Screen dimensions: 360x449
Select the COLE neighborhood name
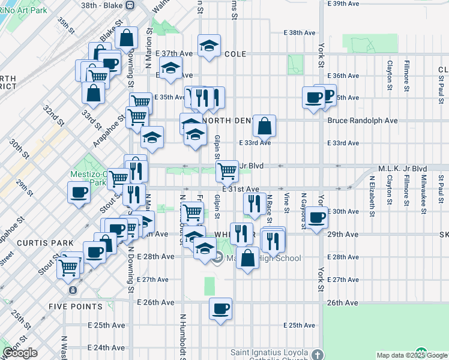236,54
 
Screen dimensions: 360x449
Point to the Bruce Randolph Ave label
363,121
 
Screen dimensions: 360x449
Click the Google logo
20,353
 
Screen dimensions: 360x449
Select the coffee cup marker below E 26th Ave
220,309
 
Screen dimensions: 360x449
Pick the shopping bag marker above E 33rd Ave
264,126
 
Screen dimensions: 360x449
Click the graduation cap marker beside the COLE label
209,46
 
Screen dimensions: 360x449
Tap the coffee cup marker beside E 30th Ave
316,217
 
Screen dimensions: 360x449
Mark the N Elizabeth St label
372,193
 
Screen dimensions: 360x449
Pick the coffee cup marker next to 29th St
79,193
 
